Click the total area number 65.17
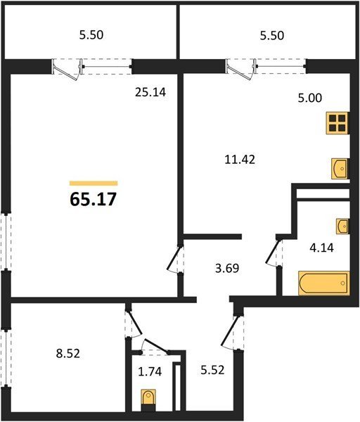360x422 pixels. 93,200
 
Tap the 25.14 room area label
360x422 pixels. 150,93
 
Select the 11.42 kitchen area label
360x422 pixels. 240,160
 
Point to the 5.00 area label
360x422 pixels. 309,98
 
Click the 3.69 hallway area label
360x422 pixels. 227,269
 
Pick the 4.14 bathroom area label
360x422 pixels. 321,248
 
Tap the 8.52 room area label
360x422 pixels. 68,354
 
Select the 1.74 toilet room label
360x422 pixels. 150,371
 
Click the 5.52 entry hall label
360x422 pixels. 212,370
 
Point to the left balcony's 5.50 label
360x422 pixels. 91,35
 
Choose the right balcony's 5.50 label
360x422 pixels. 271,36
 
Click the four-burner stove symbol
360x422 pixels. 337,123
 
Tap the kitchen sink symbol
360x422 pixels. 340,169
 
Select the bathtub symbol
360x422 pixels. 324,283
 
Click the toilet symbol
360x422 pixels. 148,400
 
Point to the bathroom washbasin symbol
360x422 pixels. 342,226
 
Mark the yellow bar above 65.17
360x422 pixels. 94,184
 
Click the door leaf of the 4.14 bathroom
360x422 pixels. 273,251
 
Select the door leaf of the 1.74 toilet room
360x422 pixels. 156,346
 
